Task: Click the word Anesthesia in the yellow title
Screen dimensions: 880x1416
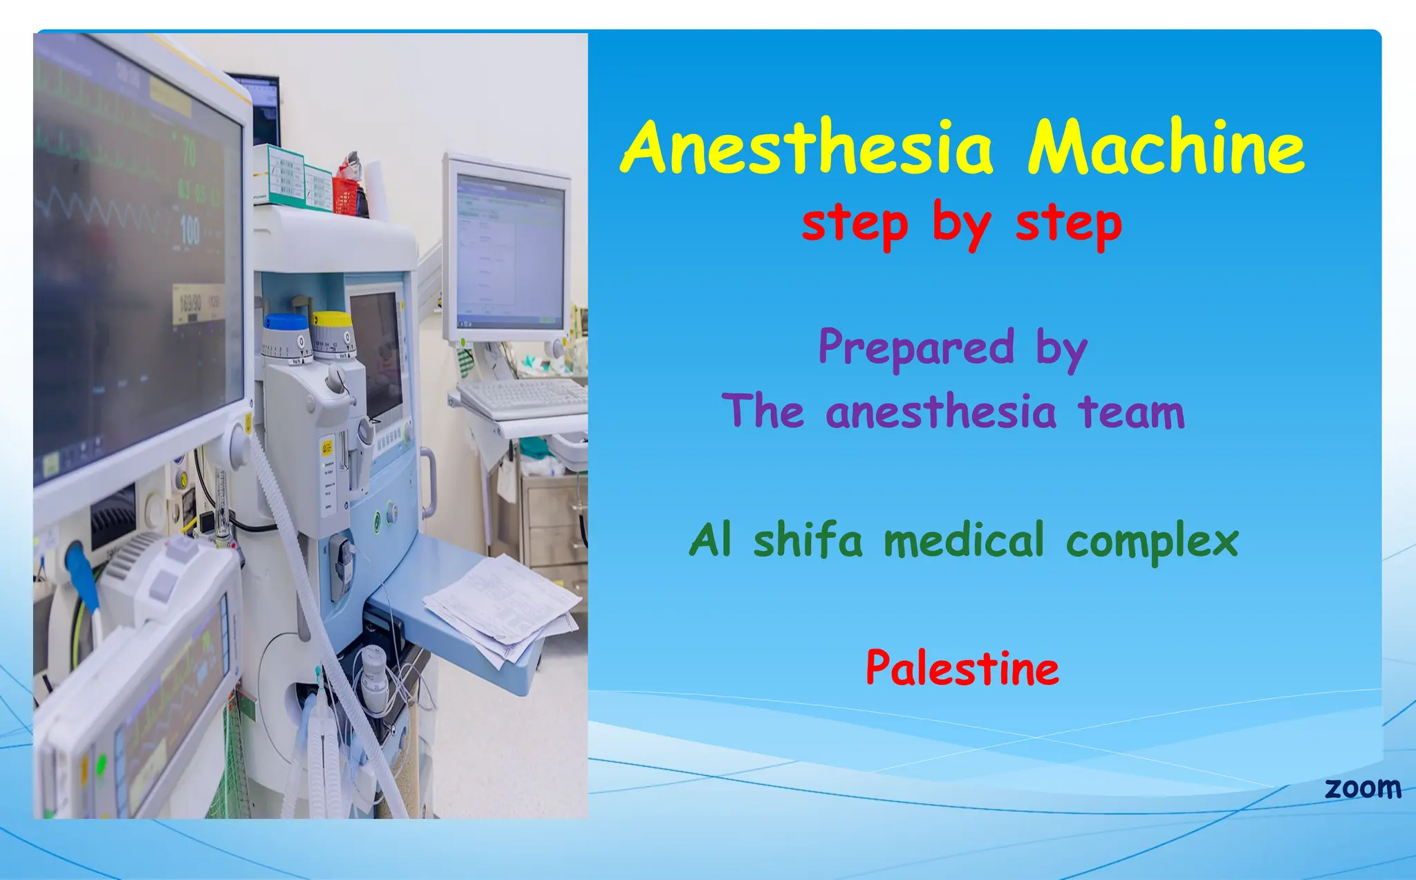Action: [807, 147]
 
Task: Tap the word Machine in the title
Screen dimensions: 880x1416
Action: [1166, 147]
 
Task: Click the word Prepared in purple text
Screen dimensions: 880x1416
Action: [916, 347]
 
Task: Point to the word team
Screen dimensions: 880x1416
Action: [1131, 412]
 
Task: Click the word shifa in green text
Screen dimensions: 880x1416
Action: [808, 540]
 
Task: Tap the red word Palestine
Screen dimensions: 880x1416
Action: [962, 668]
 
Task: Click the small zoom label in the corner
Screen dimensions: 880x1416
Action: [1362, 788]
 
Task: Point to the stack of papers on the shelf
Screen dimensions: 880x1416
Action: [503, 608]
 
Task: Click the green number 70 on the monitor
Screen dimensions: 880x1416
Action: [189, 151]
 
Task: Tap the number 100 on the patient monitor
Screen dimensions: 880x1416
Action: [189, 230]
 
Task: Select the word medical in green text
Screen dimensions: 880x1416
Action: [964, 540]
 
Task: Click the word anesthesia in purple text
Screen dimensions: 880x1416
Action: [941, 412]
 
